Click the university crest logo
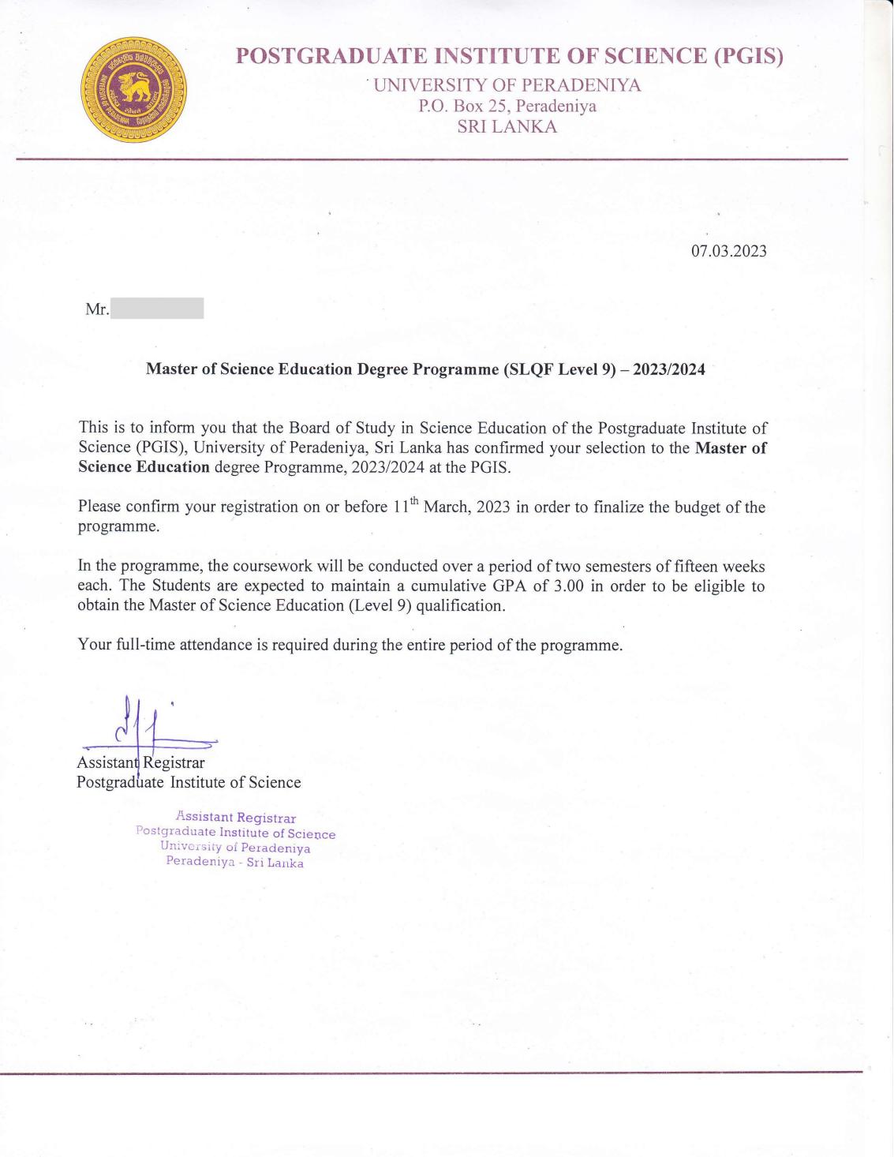click(134, 89)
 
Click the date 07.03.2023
click(728, 251)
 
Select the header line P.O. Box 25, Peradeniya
click(507, 106)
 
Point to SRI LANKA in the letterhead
click(507, 126)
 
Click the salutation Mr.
click(97, 309)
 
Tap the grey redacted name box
click(157, 309)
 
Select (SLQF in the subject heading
click(528, 369)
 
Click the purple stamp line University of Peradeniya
click(235, 848)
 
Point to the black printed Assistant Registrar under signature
click(140, 762)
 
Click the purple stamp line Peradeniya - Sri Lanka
click(234, 862)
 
